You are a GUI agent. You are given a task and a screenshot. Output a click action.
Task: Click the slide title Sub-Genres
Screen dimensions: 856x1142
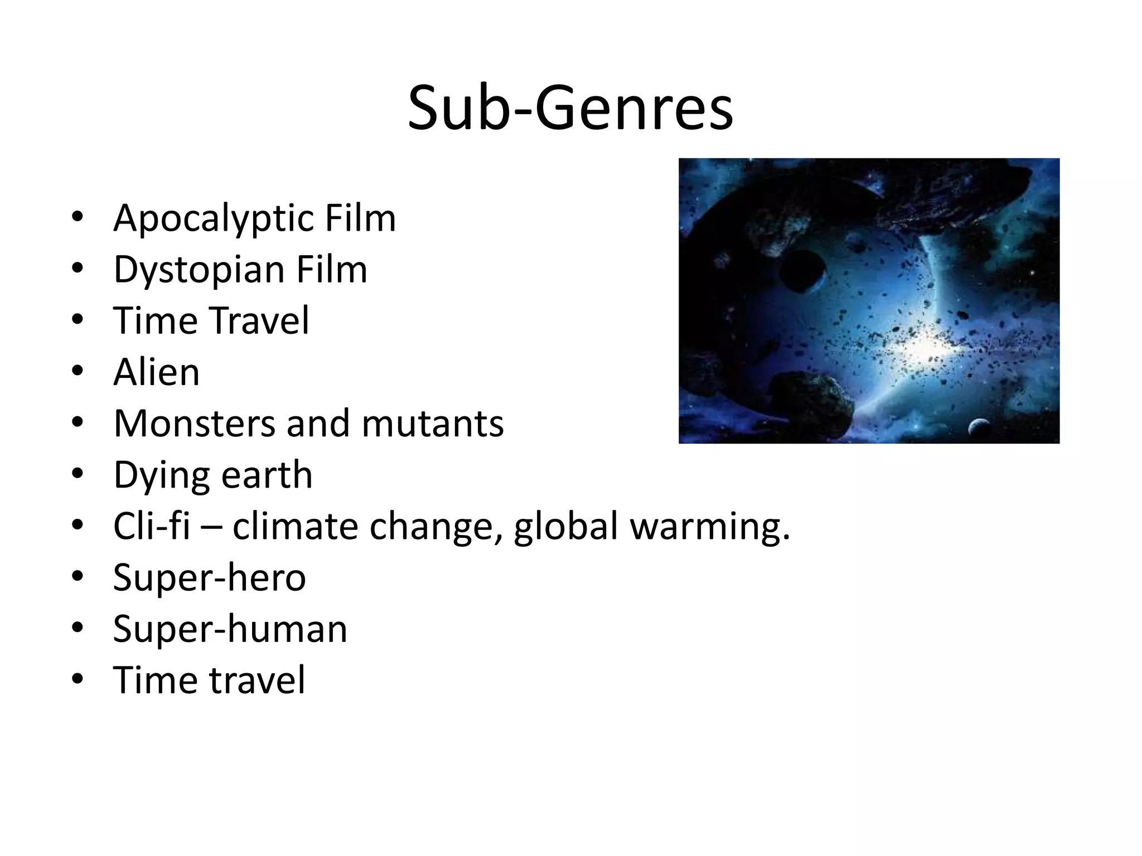pos(570,109)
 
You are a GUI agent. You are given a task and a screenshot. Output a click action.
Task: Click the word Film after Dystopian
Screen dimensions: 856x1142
pos(332,269)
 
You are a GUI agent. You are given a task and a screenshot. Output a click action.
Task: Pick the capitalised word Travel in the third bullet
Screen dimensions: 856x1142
pos(259,321)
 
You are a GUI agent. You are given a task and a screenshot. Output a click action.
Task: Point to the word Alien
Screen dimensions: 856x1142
pos(156,372)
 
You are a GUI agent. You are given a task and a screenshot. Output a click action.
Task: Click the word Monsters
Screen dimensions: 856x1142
pos(195,424)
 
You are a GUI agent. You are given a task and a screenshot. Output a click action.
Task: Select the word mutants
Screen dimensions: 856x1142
pos(433,424)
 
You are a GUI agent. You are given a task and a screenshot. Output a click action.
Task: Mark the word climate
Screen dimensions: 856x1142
pos(295,526)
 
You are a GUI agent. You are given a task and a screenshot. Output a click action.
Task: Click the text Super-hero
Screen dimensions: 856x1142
pos(209,577)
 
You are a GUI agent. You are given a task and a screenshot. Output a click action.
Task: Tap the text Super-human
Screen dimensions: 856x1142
pos(230,629)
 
